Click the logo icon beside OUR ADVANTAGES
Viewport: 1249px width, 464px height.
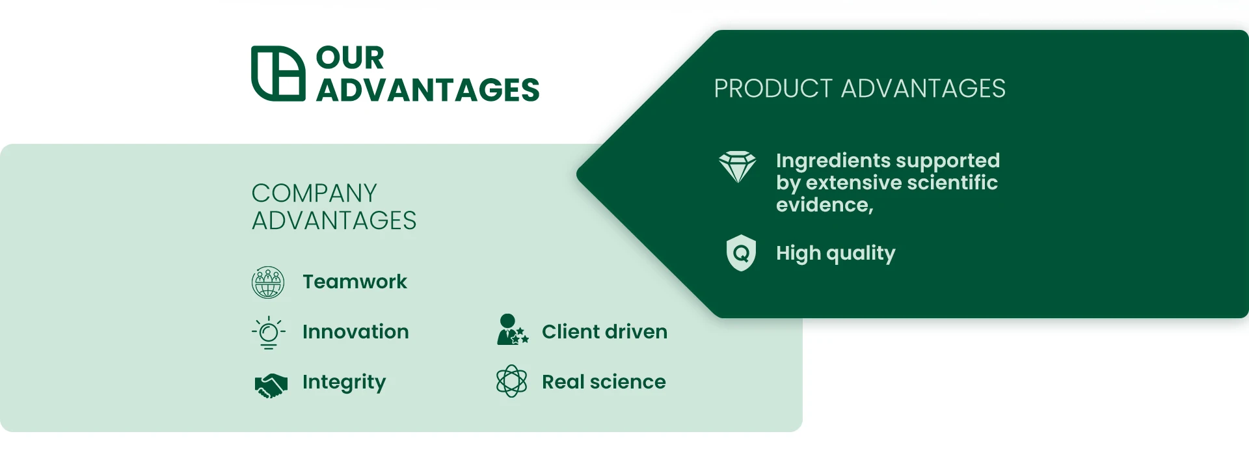coord(278,74)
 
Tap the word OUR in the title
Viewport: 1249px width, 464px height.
coord(350,58)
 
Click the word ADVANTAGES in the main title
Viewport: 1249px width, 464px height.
coord(428,90)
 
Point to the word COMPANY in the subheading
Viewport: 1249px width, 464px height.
coord(314,193)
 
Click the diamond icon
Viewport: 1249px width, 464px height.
coord(738,167)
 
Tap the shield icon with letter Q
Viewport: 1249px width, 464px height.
coord(741,252)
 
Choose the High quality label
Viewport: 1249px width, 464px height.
coord(836,253)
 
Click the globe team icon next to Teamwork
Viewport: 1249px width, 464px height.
coord(268,282)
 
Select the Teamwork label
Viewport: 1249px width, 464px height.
coord(355,282)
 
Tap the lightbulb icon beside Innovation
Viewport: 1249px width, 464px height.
coord(268,333)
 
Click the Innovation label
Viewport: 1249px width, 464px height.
coord(356,332)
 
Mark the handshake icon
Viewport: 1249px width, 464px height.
coord(271,385)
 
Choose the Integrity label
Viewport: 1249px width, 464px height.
coord(344,383)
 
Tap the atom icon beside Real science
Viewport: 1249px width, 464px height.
coord(512,381)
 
